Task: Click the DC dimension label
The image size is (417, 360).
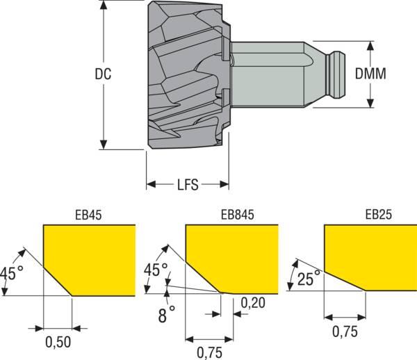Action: (x=103, y=74)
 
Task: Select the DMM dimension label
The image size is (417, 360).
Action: (x=370, y=74)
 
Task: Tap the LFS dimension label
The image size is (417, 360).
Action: (x=188, y=185)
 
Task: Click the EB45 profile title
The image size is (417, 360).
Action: (x=88, y=215)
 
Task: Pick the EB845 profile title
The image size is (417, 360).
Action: (x=238, y=215)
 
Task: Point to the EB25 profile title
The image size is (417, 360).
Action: (x=379, y=215)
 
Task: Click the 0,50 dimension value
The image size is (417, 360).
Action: (x=58, y=342)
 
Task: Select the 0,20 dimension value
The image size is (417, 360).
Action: (x=253, y=303)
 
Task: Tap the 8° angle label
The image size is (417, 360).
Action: (x=167, y=315)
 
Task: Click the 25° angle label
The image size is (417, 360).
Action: (x=309, y=278)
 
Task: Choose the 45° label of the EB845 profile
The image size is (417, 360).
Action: (x=156, y=270)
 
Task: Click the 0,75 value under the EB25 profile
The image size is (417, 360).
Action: (x=345, y=332)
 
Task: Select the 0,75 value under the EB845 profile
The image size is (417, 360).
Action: (x=210, y=353)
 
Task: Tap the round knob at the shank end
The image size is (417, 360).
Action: (x=337, y=74)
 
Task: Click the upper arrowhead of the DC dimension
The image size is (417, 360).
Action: (x=104, y=6)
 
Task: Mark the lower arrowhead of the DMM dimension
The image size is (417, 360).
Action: (x=370, y=103)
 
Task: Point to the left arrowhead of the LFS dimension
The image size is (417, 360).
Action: (x=151, y=184)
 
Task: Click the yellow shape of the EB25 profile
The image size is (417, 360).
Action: (x=370, y=257)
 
